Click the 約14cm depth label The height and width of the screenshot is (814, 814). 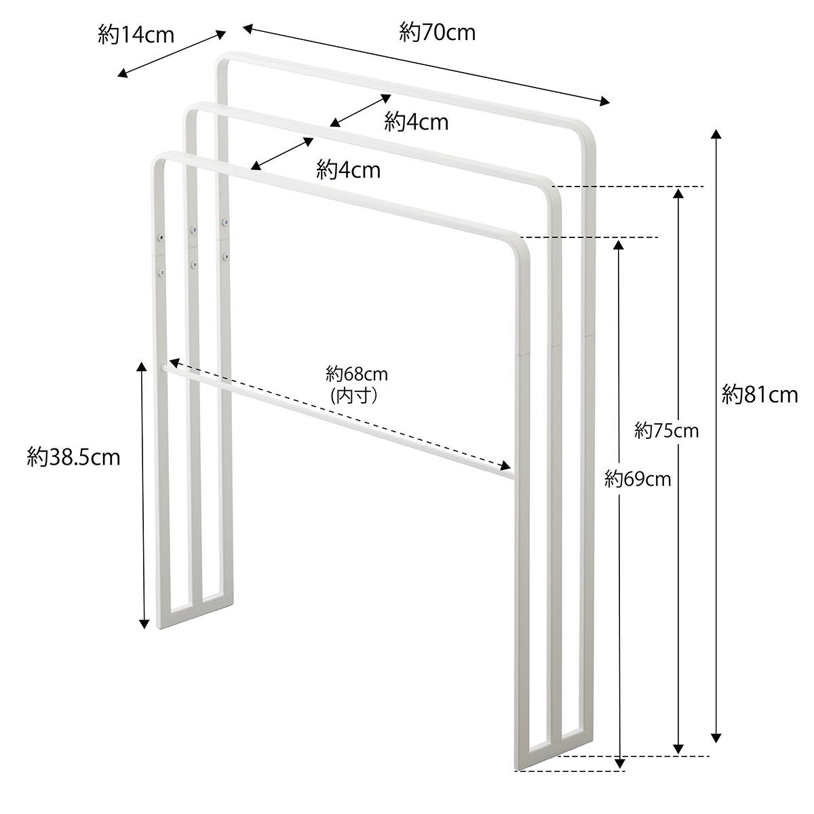[x=136, y=35]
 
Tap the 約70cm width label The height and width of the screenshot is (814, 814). [x=438, y=33]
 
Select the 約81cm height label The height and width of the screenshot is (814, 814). [x=760, y=395]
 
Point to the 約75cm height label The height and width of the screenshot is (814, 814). [x=667, y=431]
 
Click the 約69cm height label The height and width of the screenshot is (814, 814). [x=638, y=479]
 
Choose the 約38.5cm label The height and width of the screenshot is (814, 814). [x=73, y=457]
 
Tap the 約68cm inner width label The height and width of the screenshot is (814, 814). [x=357, y=374]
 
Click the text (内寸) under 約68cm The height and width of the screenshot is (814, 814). [x=354, y=395]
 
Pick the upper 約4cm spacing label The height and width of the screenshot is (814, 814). [x=416, y=123]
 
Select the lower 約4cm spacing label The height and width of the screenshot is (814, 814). [x=349, y=170]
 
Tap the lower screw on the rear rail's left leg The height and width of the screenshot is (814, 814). [x=225, y=256]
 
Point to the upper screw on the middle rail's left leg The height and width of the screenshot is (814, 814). [x=193, y=230]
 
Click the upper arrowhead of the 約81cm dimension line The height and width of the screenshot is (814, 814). [x=716, y=134]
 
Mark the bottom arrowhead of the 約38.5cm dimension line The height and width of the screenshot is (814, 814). [x=144, y=623]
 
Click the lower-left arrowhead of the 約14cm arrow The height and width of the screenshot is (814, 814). [x=122, y=75]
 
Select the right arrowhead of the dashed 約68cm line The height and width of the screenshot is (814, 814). [x=505, y=466]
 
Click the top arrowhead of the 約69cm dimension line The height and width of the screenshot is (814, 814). [x=619, y=245]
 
